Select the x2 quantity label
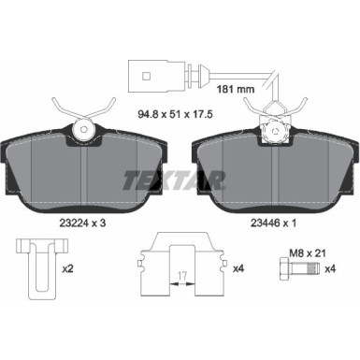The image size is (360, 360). coord(68,269)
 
